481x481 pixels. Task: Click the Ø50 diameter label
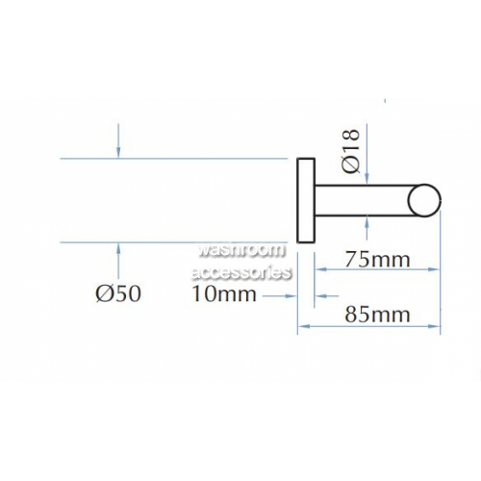118,293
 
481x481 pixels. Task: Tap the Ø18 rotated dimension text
351,151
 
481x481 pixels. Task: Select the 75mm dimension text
377,260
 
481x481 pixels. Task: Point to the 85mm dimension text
377,315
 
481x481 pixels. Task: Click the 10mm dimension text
224,294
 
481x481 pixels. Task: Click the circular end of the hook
424,200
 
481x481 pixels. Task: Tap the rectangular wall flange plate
307,200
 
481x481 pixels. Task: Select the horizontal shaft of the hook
363,200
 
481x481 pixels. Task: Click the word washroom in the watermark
241,250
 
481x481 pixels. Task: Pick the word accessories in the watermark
241,273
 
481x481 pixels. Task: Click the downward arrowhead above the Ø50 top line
118,152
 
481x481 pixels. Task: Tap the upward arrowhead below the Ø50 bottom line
118,249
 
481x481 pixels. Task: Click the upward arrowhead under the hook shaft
367,222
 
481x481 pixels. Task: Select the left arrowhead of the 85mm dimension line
304,326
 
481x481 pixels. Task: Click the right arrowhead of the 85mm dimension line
434,326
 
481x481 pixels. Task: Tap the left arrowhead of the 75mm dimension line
321,269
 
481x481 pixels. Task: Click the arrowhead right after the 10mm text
291,296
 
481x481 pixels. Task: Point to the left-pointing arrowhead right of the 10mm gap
321,296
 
